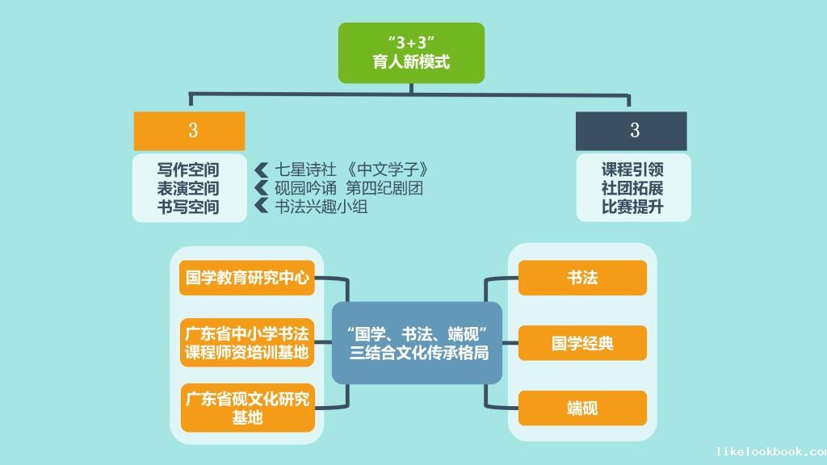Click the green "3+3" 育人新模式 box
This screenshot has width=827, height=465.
click(x=411, y=52)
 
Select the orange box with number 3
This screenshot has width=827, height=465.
click(x=189, y=131)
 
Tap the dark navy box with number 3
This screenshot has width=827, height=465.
click(x=632, y=131)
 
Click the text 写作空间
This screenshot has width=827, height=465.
click(x=188, y=170)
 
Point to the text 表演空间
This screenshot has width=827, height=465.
click(x=188, y=188)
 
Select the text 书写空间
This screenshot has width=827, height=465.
click(x=188, y=207)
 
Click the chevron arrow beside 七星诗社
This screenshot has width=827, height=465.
click(x=262, y=170)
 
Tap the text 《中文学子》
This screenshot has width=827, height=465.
click(x=387, y=170)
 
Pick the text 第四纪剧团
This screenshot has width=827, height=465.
click(x=384, y=188)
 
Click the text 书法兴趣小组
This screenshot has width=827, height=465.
click(x=321, y=207)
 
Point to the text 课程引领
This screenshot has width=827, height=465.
click(x=633, y=170)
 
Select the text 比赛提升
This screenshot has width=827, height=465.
click(x=633, y=207)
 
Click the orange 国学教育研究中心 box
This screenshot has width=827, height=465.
click(x=247, y=278)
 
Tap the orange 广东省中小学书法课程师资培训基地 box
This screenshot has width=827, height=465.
click(x=247, y=342)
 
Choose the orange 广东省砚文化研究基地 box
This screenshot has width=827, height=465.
click(x=248, y=408)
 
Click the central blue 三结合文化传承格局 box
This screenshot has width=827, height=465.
click(x=418, y=342)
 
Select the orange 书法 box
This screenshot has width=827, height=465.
click(x=583, y=278)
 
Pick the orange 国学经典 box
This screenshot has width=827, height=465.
click(x=583, y=342)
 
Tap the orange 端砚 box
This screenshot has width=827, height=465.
click(x=583, y=408)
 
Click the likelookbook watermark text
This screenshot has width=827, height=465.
click(x=771, y=451)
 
